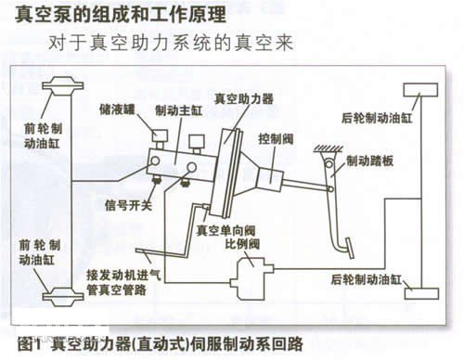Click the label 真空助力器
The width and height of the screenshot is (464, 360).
pyautogui.click(x=244, y=98)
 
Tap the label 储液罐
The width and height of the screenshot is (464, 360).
pyautogui.click(x=117, y=109)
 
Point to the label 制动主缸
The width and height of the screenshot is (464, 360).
pyautogui.click(x=179, y=110)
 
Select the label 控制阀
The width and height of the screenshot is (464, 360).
pyautogui.click(x=276, y=139)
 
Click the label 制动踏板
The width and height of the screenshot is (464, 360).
pyautogui.click(x=369, y=161)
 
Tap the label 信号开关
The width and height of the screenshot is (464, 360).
pyautogui.click(x=128, y=205)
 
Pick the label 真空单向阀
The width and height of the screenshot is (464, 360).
pyautogui.click(x=226, y=231)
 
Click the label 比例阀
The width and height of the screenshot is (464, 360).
pyautogui.click(x=242, y=244)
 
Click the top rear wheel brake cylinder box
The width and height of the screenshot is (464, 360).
pyautogui.click(x=420, y=90)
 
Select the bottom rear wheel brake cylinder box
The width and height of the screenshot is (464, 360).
pyautogui.click(x=421, y=293)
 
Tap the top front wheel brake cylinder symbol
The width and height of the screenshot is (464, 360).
pyautogui.click(x=63, y=86)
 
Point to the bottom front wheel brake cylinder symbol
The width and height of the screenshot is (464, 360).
pyautogui.click(x=63, y=297)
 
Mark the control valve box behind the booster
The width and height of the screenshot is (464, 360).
pyautogui.click(x=270, y=180)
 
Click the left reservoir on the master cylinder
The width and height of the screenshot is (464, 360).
pyautogui.click(x=160, y=138)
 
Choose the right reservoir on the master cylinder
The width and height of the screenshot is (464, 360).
pyautogui.click(x=197, y=143)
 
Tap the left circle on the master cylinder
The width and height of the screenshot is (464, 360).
pyautogui.click(x=155, y=161)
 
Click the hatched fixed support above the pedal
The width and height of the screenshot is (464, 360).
pyautogui.click(x=328, y=149)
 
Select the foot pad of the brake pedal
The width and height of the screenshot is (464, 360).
pyautogui.click(x=350, y=248)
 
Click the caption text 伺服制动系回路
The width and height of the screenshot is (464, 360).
pyautogui.click(x=247, y=343)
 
